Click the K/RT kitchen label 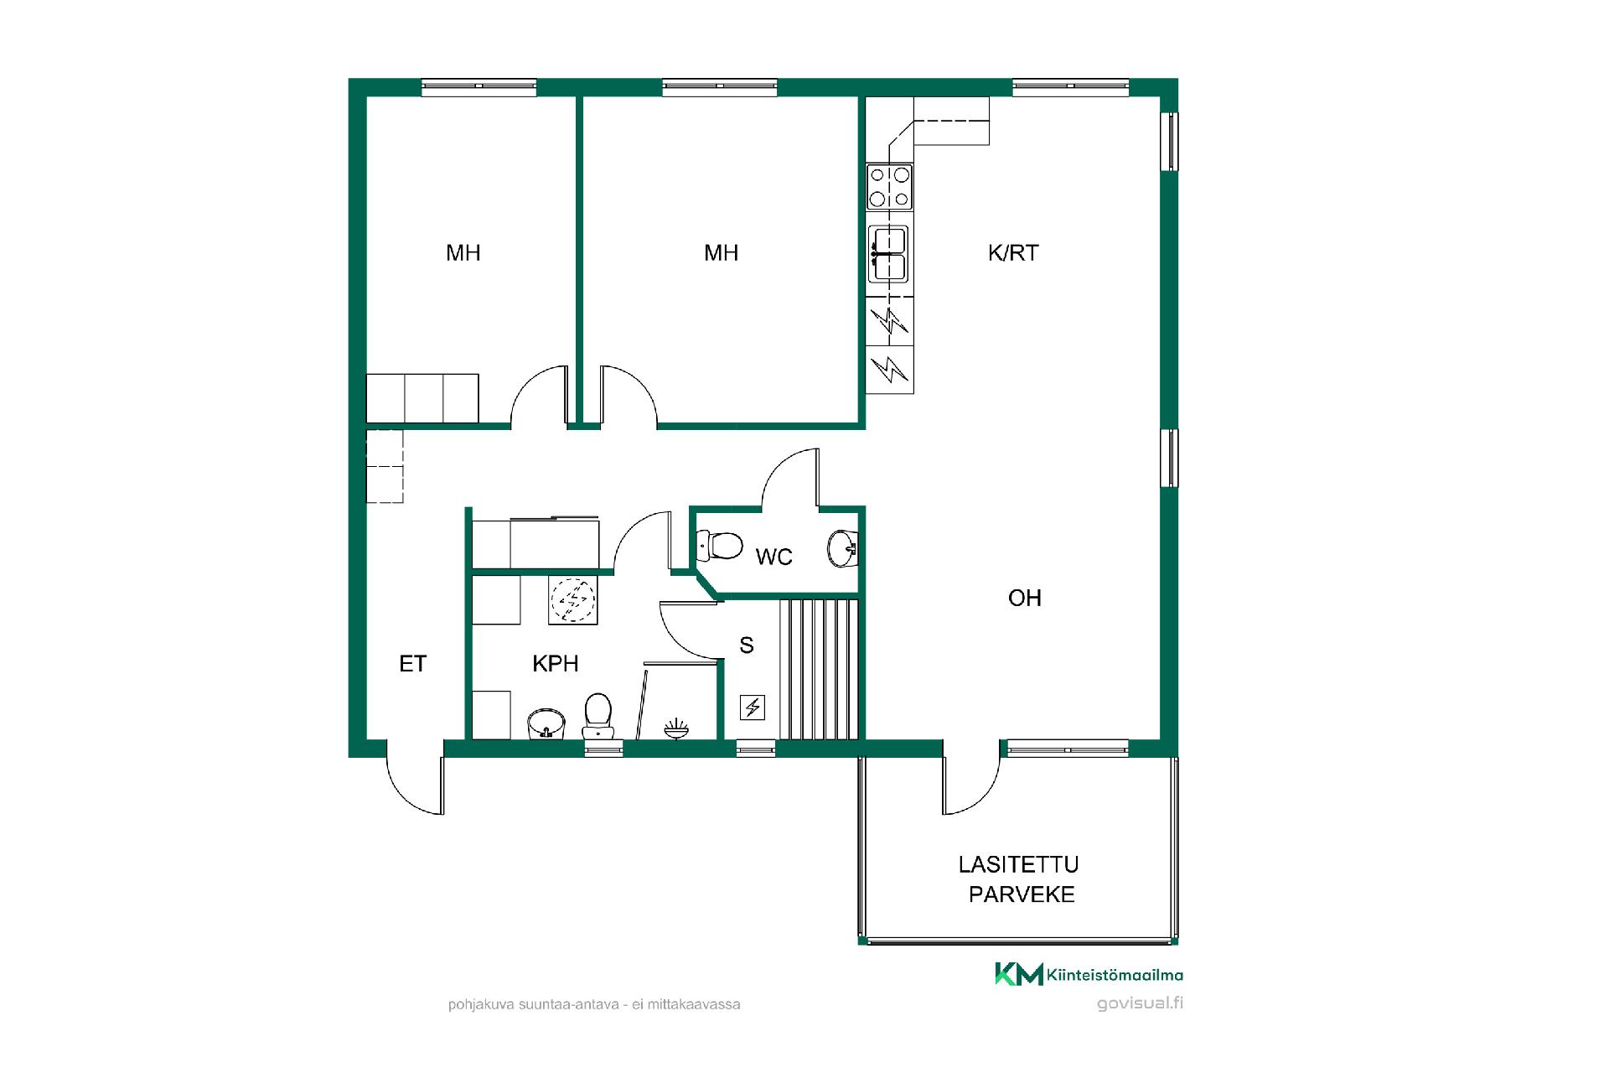click(x=1013, y=252)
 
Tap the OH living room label click(x=1024, y=598)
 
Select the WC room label click(x=773, y=557)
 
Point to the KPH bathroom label click(x=556, y=664)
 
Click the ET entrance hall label click(x=413, y=664)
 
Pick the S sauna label click(x=747, y=645)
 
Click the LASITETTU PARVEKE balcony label click(x=1020, y=879)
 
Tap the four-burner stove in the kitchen click(x=889, y=187)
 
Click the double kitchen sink click(x=888, y=254)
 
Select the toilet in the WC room click(x=719, y=546)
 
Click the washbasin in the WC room click(x=842, y=548)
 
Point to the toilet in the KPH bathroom click(x=598, y=716)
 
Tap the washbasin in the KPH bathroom click(x=546, y=724)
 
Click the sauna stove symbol click(x=752, y=708)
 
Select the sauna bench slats click(x=819, y=670)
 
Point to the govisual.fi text click(x=1140, y=1003)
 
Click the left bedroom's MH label click(x=463, y=252)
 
